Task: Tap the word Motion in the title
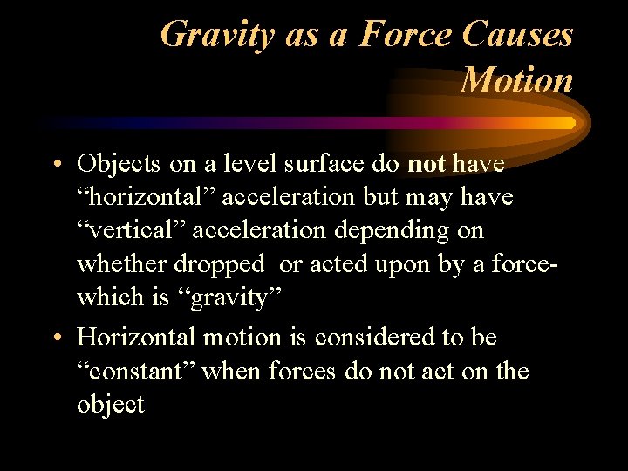(515, 80)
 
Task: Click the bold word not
(427, 163)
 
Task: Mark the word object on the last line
(111, 405)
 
